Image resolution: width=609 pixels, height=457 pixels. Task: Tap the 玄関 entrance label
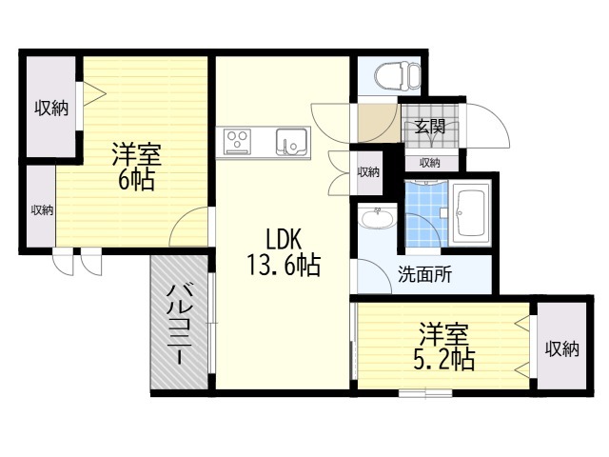click(x=429, y=126)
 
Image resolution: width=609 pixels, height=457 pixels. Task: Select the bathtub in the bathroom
click(x=470, y=212)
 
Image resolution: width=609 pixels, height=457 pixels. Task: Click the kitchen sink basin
click(x=290, y=142)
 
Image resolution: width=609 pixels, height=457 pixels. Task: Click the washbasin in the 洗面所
click(x=377, y=220)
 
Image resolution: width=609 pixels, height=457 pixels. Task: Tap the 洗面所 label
click(x=424, y=275)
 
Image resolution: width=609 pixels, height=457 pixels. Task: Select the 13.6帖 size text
click(x=284, y=265)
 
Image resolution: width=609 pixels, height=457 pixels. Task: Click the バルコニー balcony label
click(x=180, y=326)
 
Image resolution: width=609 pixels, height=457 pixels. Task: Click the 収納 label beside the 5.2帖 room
click(x=561, y=348)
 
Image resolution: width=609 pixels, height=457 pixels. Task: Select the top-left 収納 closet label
click(x=52, y=108)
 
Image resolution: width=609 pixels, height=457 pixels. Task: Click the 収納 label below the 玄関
click(x=430, y=163)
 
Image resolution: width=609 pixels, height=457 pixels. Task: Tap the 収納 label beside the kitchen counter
click(x=368, y=172)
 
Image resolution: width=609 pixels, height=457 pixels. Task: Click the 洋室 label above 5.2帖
click(x=443, y=334)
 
